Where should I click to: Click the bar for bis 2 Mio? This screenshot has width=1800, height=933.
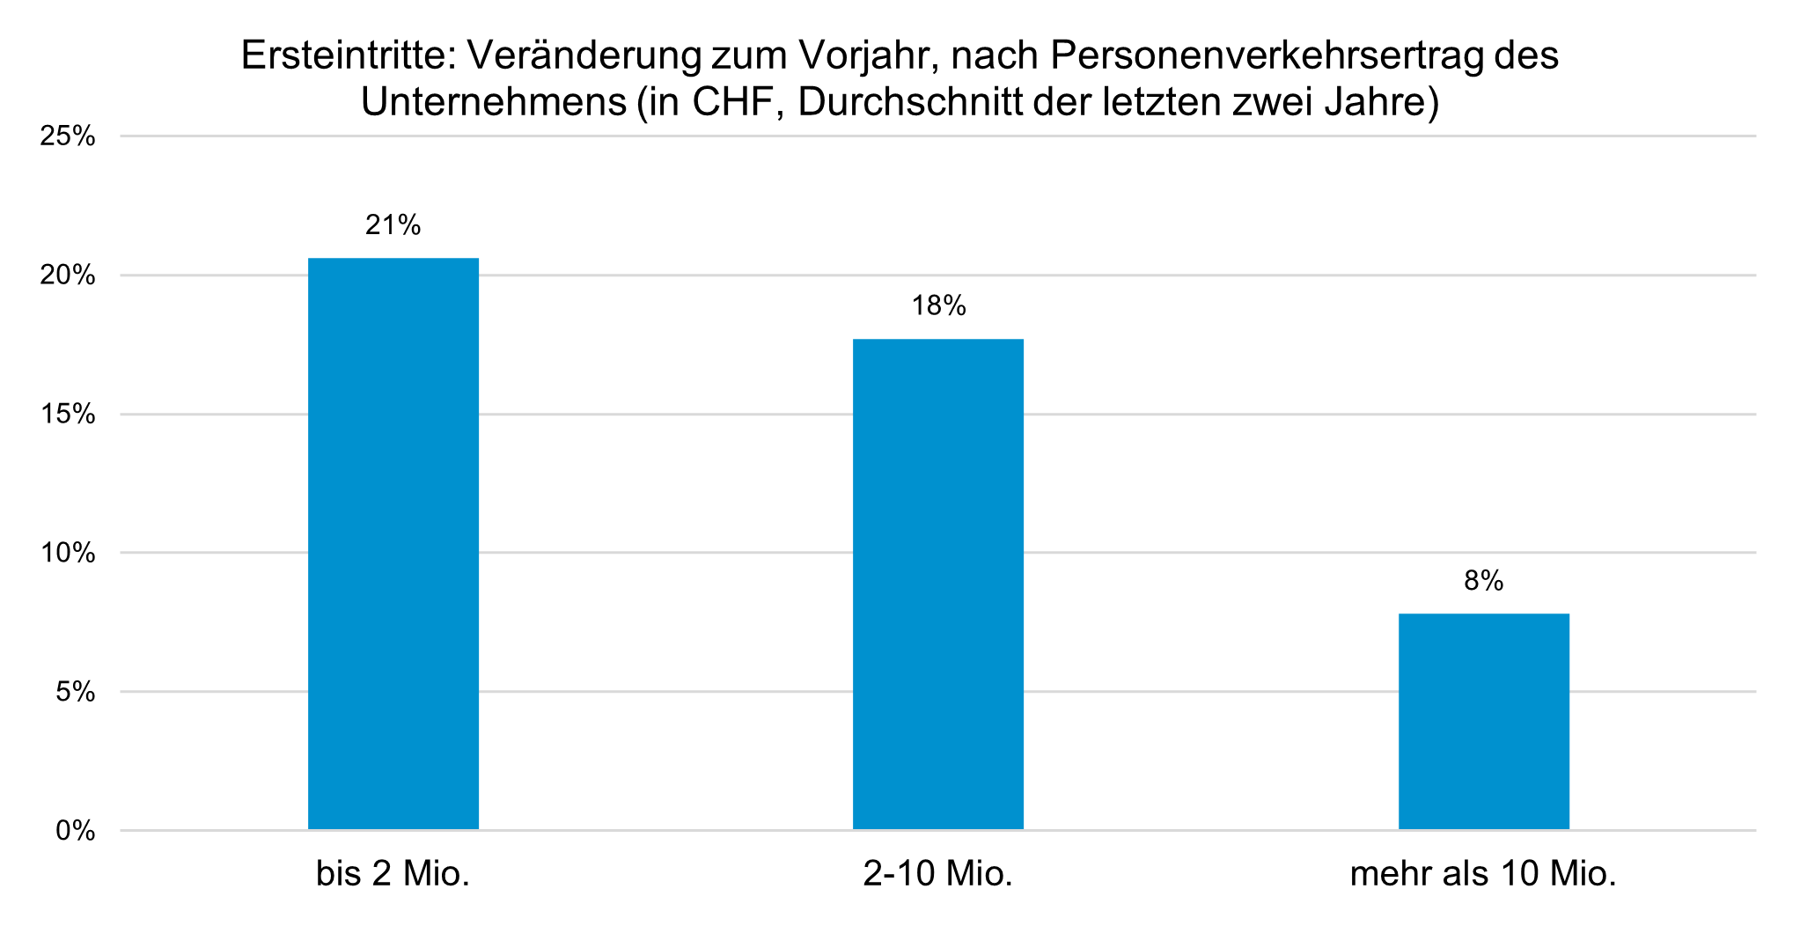pos(393,543)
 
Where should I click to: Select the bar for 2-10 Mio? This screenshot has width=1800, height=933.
pos(938,584)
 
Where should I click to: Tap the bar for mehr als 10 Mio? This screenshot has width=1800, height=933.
pos(1483,721)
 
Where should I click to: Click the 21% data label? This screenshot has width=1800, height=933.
pos(393,226)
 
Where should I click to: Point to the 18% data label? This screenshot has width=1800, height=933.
pos(938,306)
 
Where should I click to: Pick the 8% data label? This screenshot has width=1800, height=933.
pos(1483,581)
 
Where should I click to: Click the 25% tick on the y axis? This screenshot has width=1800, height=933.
pos(68,136)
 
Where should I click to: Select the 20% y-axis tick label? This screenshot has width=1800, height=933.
pos(68,275)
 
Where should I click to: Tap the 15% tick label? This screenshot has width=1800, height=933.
pos(68,415)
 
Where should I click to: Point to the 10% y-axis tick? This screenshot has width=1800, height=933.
pos(68,553)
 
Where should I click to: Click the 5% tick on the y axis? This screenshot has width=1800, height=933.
pos(75,692)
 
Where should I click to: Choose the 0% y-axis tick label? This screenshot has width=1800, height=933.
pos(75,831)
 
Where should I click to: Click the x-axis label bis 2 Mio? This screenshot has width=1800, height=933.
pos(393,874)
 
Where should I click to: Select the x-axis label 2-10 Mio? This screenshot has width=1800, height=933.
pos(938,874)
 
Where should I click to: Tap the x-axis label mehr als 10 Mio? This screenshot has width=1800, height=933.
pos(1483,874)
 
